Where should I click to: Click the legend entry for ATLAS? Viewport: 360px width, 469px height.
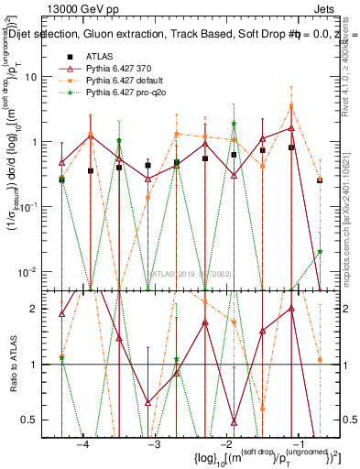click(x=97, y=57)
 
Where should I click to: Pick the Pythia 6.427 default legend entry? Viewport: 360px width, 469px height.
click(x=125, y=81)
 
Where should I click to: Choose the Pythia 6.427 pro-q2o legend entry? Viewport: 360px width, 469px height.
click(x=126, y=93)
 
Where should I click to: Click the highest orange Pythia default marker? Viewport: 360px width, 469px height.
click(x=291, y=106)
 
